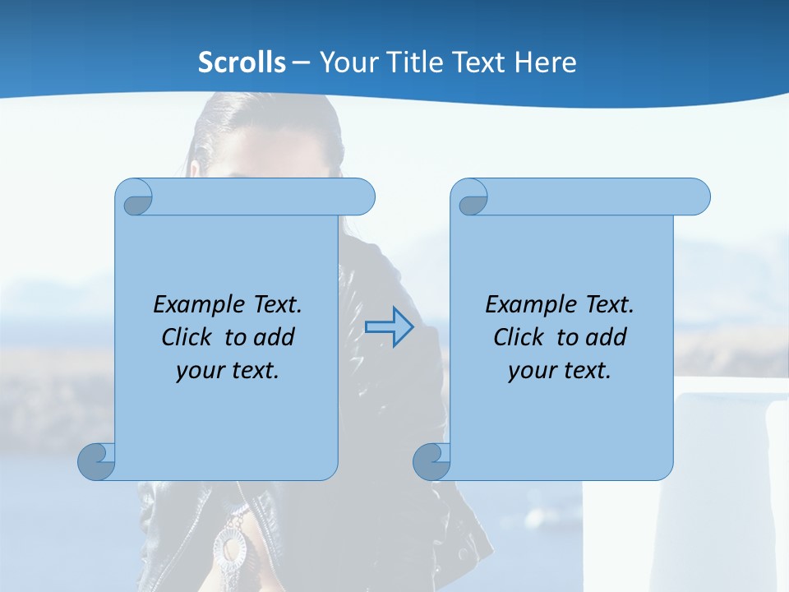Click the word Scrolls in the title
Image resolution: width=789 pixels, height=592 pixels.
click(x=242, y=62)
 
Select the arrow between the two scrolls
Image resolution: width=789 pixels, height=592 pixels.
click(x=389, y=327)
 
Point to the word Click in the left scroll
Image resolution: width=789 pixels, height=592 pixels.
click(x=188, y=337)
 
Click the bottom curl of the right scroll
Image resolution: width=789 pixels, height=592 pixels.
click(x=432, y=461)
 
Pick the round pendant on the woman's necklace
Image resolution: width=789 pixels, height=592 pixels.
click(x=229, y=545)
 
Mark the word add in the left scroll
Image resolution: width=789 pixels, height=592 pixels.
click(x=275, y=337)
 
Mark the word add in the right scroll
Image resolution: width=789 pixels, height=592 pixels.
click(x=607, y=337)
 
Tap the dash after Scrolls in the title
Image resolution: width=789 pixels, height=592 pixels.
click(x=300, y=62)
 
